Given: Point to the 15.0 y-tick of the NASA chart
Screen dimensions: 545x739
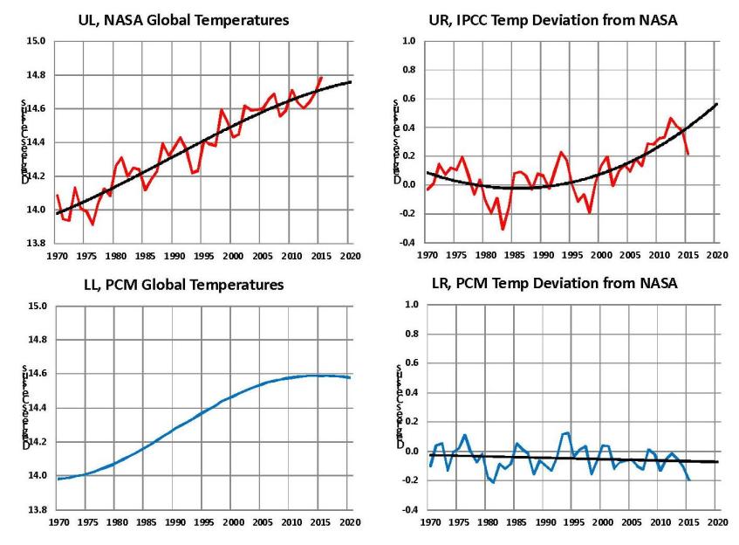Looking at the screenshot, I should click(x=35, y=41).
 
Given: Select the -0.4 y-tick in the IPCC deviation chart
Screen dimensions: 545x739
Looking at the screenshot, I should click(x=407, y=243).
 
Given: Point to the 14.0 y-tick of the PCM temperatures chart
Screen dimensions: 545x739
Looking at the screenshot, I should click(x=35, y=475).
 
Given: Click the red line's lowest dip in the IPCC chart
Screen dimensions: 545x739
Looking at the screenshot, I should click(x=503, y=229).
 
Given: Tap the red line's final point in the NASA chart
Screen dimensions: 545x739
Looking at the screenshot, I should click(x=321, y=78).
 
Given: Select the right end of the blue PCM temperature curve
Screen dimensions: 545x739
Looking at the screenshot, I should click(x=349, y=377).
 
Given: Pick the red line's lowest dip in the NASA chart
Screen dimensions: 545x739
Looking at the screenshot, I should click(x=92, y=224).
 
